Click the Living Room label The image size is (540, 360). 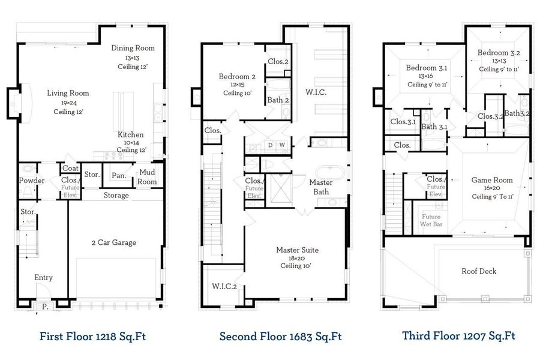(x=68, y=94)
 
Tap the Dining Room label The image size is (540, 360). (x=133, y=48)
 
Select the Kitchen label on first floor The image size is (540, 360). (x=130, y=134)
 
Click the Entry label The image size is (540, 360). (x=43, y=277)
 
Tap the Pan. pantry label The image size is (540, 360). (x=119, y=176)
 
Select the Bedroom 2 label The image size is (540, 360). (x=237, y=77)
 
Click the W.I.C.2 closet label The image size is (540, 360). (x=224, y=287)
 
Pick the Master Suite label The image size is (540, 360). (x=297, y=250)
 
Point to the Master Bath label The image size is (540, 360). (x=322, y=187)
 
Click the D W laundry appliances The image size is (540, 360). (x=276, y=145)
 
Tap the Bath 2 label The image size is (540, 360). (x=278, y=100)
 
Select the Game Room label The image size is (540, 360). (x=491, y=179)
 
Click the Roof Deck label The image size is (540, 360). (x=478, y=271)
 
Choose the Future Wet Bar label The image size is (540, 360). (x=431, y=220)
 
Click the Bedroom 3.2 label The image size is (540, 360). (x=498, y=53)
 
